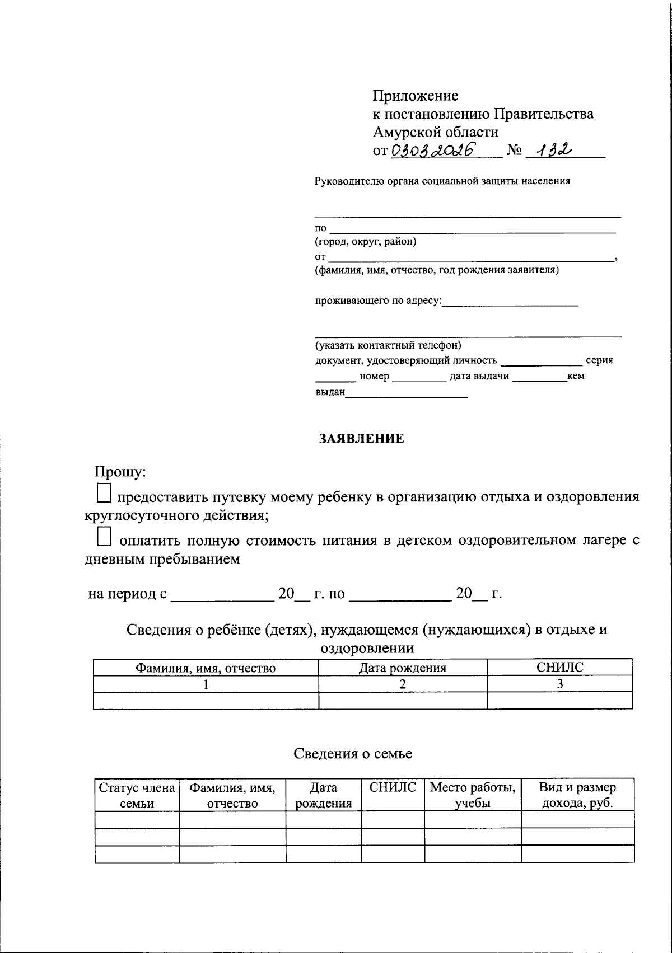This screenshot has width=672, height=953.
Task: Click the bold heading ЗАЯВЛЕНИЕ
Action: coord(361,438)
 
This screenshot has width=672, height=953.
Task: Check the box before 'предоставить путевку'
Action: coord(104,493)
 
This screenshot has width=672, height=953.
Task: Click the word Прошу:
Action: coord(120,472)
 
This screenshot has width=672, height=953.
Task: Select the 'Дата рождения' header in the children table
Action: coord(402,668)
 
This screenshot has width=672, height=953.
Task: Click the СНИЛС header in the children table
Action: coord(559,667)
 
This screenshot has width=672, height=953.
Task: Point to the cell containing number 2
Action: coord(402,684)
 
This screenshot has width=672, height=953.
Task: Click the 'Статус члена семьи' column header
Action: coord(137,795)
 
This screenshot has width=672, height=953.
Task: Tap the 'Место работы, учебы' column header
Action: coord(473,795)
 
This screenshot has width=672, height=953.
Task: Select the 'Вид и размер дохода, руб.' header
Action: coord(577,795)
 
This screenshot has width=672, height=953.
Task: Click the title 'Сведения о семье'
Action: coord(353,753)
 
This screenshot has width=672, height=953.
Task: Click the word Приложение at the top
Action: coord(415,96)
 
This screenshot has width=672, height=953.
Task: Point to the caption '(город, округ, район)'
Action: coord(365,242)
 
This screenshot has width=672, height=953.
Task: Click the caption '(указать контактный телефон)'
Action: coord(388,345)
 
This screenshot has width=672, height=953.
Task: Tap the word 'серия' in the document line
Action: coord(599,360)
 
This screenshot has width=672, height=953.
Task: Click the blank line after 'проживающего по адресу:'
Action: coord(510,303)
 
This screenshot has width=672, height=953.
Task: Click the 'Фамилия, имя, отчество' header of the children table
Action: coord(206,668)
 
